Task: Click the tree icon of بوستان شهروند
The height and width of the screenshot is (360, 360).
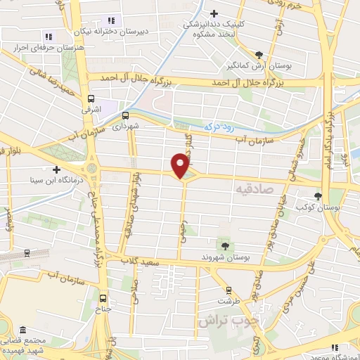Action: (225, 245)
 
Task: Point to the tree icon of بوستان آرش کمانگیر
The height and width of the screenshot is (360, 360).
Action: (259, 54)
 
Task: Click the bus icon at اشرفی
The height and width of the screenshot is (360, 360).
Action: (91, 99)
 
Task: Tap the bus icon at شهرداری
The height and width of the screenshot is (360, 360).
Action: (125, 115)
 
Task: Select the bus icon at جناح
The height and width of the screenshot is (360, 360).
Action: (104, 297)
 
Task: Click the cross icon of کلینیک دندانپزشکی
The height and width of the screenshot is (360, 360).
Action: (214, 13)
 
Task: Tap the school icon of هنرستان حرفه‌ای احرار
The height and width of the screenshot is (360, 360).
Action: (49, 37)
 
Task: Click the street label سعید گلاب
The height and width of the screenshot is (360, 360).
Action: (161, 262)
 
